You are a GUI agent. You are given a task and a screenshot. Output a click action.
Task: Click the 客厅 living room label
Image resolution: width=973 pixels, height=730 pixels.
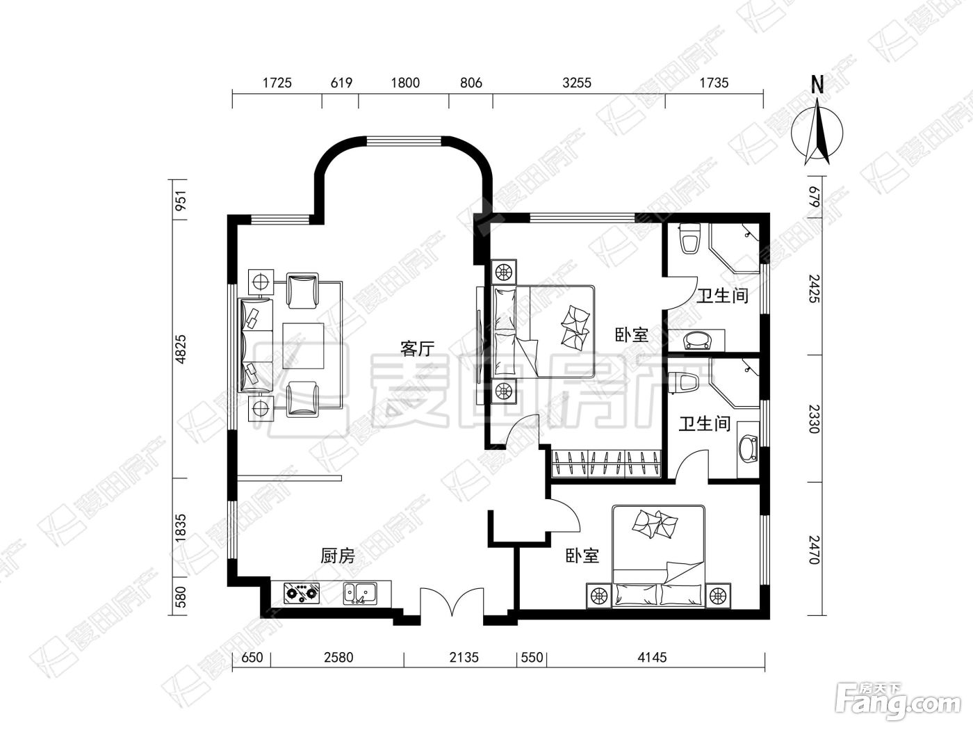[x=417, y=349]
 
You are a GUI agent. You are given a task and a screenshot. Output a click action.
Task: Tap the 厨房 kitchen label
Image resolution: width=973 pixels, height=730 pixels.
[x=338, y=555]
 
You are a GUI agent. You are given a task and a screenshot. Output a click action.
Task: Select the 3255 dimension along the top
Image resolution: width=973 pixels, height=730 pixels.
[x=577, y=83]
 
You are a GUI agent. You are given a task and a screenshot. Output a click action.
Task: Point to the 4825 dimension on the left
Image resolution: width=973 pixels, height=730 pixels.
[x=181, y=350]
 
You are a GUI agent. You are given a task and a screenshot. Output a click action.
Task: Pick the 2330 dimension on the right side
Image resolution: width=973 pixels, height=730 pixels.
[x=814, y=419]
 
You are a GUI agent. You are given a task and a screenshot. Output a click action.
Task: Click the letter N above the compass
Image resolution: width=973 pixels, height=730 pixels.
[x=817, y=85]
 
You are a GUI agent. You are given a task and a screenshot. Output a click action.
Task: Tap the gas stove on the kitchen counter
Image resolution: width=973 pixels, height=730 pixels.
[x=302, y=593]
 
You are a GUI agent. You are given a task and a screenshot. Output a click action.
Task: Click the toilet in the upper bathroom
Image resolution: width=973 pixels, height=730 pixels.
[x=689, y=238]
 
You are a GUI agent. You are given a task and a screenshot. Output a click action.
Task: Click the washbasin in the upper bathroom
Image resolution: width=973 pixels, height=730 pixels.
[x=697, y=340]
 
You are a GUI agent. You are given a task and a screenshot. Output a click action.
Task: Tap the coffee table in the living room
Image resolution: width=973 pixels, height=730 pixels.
[x=303, y=346]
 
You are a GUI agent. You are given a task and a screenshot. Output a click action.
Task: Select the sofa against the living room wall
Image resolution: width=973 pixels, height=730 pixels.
[x=256, y=346]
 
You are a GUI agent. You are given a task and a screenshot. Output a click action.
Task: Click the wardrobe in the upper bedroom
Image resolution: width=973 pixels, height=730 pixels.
[x=607, y=464]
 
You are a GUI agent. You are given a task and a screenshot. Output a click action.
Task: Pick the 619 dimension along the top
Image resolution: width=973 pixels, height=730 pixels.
[x=341, y=83]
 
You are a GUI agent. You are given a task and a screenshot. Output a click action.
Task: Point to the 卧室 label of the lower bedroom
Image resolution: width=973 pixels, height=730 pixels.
[x=582, y=555]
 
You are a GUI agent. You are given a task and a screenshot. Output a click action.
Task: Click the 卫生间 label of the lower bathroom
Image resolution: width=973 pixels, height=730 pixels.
[x=705, y=423]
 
